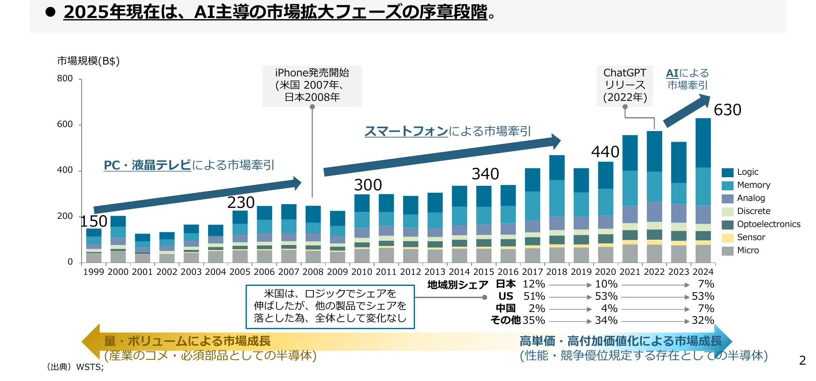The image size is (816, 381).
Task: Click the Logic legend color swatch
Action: click(727, 172)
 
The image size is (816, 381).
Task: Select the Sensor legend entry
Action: click(751, 237)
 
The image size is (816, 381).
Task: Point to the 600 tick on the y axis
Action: click(65, 124)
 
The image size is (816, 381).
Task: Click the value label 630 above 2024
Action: click(727, 110)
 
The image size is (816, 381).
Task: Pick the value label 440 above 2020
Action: click(605, 152)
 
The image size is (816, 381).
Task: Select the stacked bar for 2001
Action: click(142, 248)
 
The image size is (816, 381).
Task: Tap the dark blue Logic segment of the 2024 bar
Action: click(703, 143)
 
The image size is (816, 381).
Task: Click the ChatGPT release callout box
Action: click(625, 86)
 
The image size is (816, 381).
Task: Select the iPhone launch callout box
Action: click(312, 86)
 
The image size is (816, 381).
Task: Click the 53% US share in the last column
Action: click(703, 296)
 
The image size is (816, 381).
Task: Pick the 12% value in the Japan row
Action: click(534, 284)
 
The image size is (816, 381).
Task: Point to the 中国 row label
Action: click(506, 309)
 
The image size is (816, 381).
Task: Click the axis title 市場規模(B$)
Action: click(88, 61)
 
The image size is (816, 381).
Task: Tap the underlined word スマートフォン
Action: click(406, 131)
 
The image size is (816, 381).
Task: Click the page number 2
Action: click(802, 361)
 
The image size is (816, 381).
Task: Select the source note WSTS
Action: click(90, 367)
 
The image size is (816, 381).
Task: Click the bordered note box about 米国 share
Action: click(330, 306)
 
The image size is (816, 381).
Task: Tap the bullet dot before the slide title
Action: click(51, 12)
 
